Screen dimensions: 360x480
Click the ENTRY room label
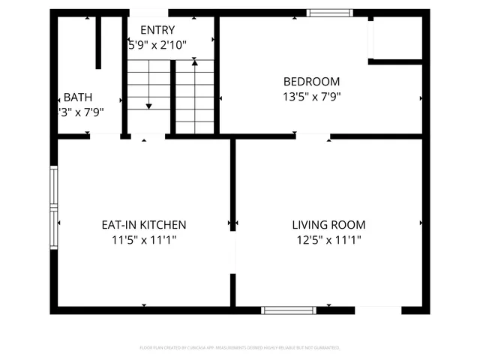click(x=157, y=30)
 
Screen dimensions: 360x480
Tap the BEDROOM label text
click(x=311, y=82)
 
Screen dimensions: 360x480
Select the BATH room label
click(x=78, y=97)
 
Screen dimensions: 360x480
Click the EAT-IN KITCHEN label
click(x=144, y=225)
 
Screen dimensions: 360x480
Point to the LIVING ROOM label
click(x=328, y=225)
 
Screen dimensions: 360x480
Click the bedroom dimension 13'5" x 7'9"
click(x=311, y=96)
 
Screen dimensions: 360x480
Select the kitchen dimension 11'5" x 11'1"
click(x=144, y=240)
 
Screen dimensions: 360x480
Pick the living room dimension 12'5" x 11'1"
click(x=328, y=240)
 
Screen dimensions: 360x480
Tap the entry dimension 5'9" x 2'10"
click(x=158, y=45)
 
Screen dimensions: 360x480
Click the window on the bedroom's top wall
click(x=330, y=13)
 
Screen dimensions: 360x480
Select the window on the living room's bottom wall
click(x=289, y=310)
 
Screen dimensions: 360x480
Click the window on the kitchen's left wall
click(x=53, y=206)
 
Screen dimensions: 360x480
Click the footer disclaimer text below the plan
click(x=240, y=348)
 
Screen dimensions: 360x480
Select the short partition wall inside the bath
click(x=98, y=43)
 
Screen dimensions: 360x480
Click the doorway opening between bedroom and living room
click(x=313, y=136)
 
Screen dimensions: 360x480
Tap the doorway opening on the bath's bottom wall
click(x=106, y=136)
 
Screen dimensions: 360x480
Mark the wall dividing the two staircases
click(x=173, y=97)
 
